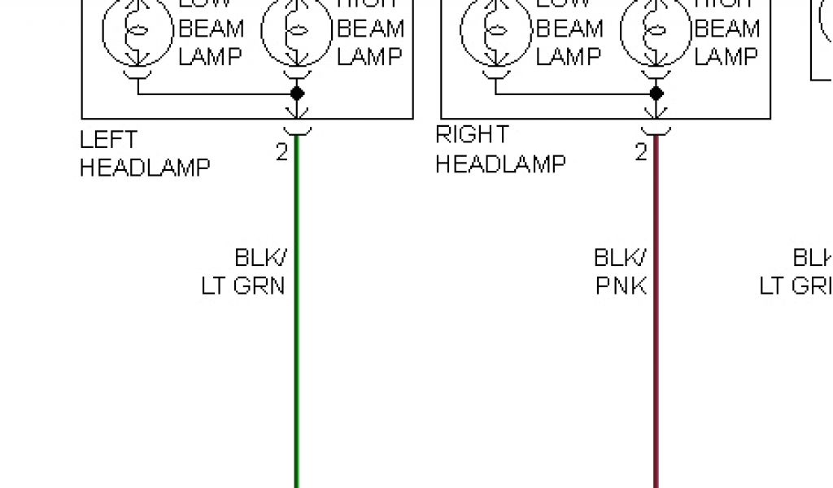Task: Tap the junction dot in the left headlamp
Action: (x=297, y=94)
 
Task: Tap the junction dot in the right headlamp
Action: (x=656, y=94)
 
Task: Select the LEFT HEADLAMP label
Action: (x=144, y=154)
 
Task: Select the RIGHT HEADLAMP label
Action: (x=499, y=149)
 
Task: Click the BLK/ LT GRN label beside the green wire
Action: (x=244, y=272)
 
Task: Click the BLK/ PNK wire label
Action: (x=621, y=272)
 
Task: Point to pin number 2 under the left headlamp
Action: (x=281, y=152)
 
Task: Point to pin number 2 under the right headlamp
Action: (x=641, y=152)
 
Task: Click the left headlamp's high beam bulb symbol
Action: (x=297, y=30)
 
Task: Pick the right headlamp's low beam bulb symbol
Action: (x=496, y=30)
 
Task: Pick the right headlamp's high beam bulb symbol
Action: (x=656, y=30)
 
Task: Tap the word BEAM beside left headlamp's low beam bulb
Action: (x=211, y=30)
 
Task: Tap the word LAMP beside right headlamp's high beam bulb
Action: (x=726, y=57)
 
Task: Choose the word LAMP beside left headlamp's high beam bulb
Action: (x=369, y=57)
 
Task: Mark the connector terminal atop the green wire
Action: (x=297, y=130)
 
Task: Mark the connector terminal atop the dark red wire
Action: (x=656, y=130)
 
